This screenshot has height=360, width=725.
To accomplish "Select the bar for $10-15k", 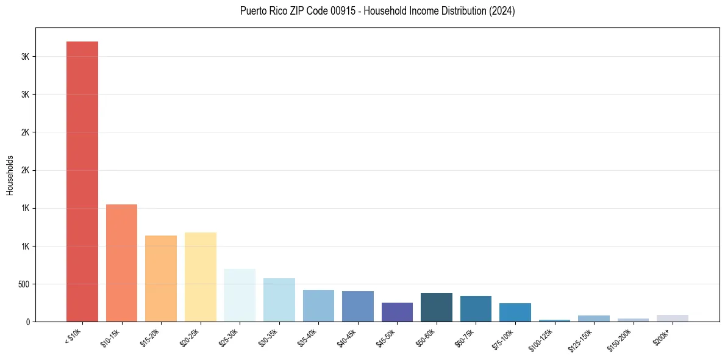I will tap(121, 263).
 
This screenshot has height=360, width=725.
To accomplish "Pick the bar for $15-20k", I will tap(161, 278).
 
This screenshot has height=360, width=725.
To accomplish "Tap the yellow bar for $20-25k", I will tap(201, 277).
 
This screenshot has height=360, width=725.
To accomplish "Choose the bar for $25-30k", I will tap(240, 295).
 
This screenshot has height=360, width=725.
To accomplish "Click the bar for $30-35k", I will tap(279, 300).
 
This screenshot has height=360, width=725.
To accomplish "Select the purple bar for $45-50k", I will tap(397, 312).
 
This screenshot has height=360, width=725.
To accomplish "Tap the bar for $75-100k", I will tap(515, 312).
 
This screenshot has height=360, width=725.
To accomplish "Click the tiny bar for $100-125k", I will tap(554, 320).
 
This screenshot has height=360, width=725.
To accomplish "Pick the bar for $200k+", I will tap(673, 318).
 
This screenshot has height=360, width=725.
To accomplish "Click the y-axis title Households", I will tap(10, 175).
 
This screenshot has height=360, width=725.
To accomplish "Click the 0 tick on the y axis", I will tap(28, 322).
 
